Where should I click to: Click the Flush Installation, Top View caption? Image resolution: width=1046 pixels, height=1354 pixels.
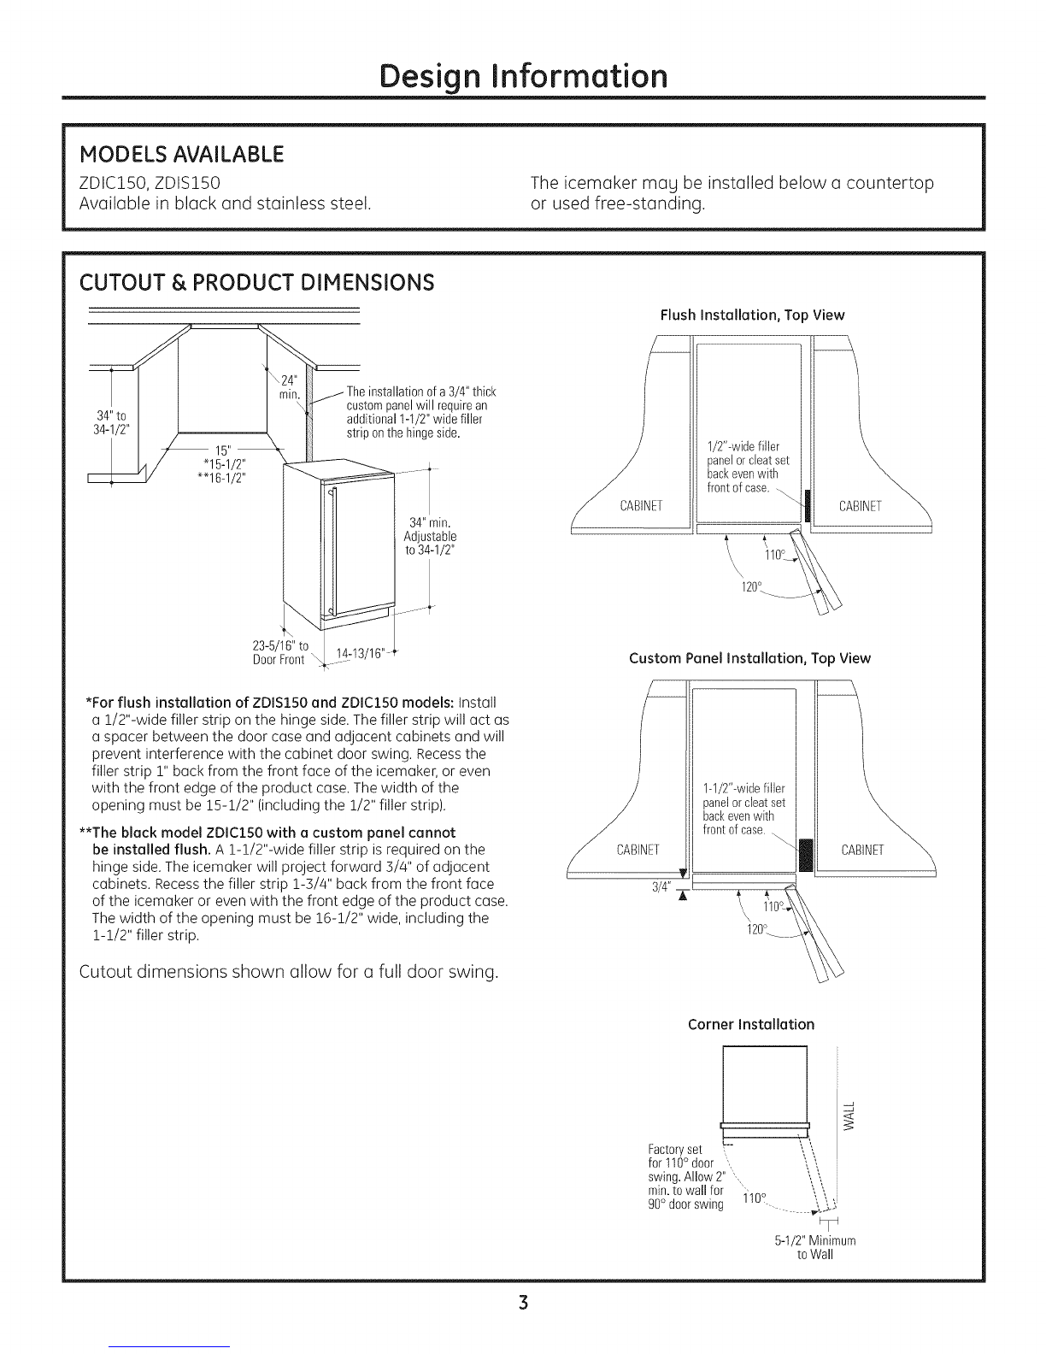tap(752, 315)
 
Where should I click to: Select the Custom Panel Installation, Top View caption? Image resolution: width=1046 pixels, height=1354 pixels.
tap(749, 658)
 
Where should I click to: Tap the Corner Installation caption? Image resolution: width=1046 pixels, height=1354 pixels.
tap(751, 1024)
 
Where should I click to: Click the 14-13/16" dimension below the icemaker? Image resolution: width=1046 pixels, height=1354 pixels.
tap(351, 654)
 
